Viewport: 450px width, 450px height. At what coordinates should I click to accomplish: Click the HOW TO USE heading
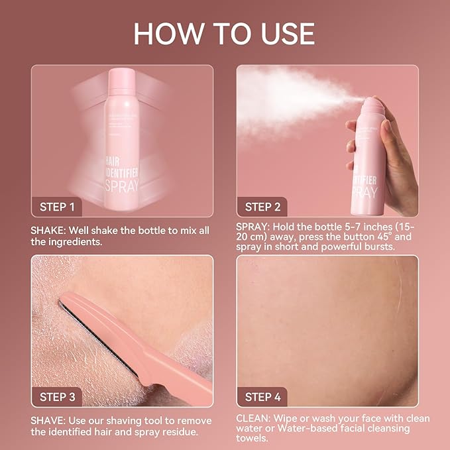tap(224, 33)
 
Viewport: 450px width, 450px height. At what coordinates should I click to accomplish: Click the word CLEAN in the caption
tap(253, 418)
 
